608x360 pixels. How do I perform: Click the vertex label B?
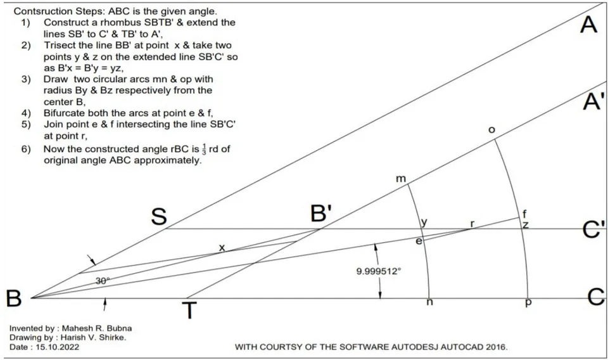click(13, 299)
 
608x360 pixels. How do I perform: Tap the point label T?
click(189, 311)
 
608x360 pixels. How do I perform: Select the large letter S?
click(159, 217)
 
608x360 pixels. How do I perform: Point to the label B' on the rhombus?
click(322, 213)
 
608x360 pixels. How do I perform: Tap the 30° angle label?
click(103, 281)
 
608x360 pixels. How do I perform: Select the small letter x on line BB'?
click(222, 247)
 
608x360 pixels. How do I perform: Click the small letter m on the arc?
click(400, 179)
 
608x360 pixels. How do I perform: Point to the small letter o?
click(491, 130)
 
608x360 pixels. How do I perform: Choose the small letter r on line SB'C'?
click(472, 224)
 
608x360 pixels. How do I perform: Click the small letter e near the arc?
click(419, 241)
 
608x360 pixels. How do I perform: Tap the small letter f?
click(524, 214)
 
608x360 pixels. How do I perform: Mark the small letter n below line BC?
click(429, 302)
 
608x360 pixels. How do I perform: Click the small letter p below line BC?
click(528, 303)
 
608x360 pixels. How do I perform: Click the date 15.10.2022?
click(58, 347)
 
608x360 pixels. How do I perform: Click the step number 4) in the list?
click(25, 113)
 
